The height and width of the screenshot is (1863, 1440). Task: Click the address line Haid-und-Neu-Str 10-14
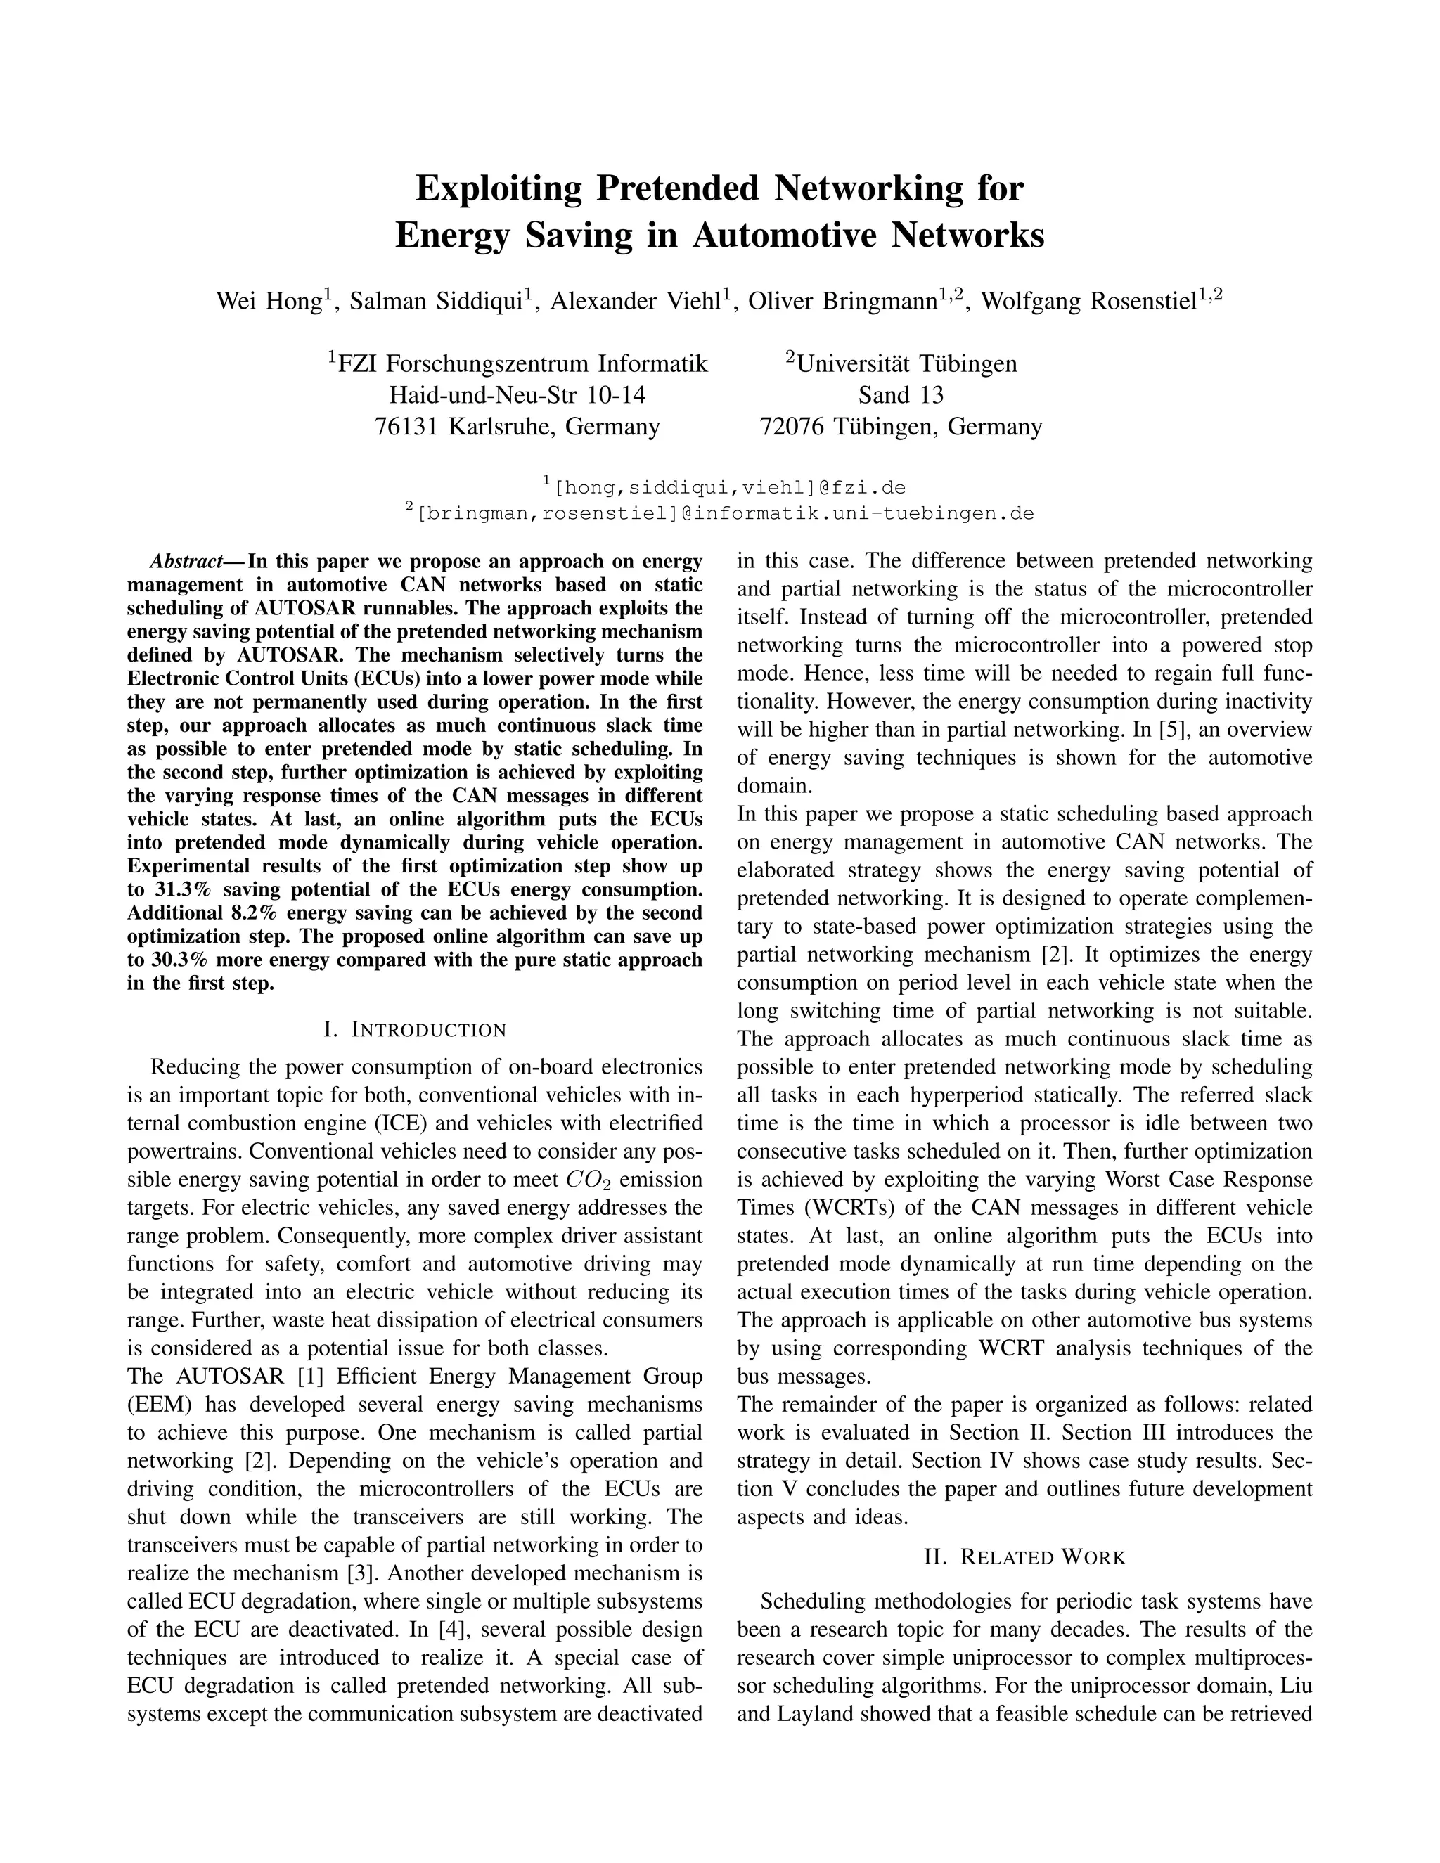[x=517, y=395]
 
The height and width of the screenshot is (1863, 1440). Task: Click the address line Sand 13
[x=901, y=395]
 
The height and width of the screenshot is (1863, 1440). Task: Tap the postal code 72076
[x=792, y=427]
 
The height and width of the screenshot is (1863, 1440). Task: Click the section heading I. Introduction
[x=415, y=1030]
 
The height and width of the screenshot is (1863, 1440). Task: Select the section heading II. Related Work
[x=1024, y=1558]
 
